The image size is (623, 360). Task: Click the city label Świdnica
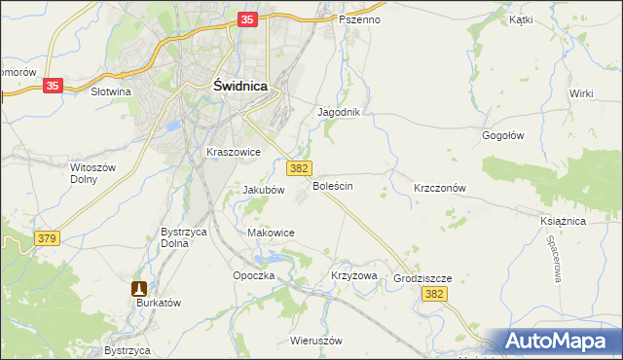tap(239, 86)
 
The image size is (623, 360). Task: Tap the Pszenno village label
tap(360, 19)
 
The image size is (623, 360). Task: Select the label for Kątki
tap(522, 18)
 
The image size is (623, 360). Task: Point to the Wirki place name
tap(582, 92)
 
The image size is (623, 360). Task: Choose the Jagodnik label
tap(339, 112)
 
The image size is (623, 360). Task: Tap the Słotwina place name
tap(110, 91)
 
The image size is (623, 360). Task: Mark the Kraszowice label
tap(233, 152)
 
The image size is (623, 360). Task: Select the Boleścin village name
tap(333, 185)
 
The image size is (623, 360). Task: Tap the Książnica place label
tap(563, 221)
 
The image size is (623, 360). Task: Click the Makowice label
tap(271, 233)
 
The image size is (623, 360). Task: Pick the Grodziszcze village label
tap(423, 277)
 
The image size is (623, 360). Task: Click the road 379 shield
tap(45, 237)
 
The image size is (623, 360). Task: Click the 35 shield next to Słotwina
tap(54, 86)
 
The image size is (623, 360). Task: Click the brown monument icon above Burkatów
tap(139, 288)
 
